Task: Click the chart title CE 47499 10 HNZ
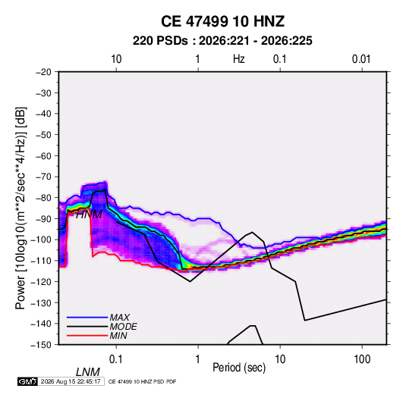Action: click(x=222, y=21)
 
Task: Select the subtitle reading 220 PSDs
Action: click(x=160, y=41)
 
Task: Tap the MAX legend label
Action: click(x=120, y=317)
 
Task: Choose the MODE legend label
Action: click(x=123, y=327)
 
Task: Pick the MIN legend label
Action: click(x=118, y=336)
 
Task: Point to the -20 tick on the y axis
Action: click(x=43, y=72)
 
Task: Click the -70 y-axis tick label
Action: click(x=43, y=177)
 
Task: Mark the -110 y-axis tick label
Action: click(x=41, y=261)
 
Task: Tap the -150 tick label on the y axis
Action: click(x=41, y=345)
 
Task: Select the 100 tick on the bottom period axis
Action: click(x=362, y=359)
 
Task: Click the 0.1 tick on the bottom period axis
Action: click(x=116, y=359)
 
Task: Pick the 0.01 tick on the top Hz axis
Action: click(x=361, y=59)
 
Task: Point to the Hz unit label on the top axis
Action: click(x=239, y=59)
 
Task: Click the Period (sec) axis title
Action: click(x=239, y=368)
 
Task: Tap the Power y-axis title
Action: click(x=20, y=208)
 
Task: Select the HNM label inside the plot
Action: click(x=89, y=215)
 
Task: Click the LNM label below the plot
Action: click(x=88, y=372)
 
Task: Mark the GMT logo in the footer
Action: click(x=28, y=381)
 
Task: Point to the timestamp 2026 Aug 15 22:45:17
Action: click(x=71, y=381)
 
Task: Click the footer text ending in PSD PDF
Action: click(x=142, y=381)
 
